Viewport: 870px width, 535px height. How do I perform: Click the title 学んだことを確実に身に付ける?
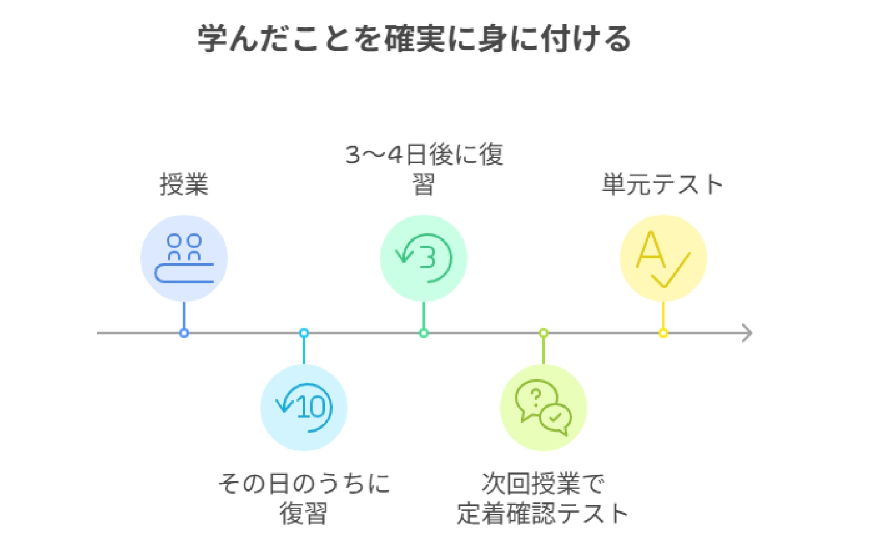[x=413, y=39]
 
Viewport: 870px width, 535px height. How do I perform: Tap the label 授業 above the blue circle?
[x=184, y=184]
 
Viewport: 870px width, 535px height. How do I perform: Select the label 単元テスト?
[x=662, y=184]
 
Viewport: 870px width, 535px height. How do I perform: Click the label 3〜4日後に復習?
[x=424, y=169]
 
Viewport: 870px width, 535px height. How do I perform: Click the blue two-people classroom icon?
[x=184, y=258]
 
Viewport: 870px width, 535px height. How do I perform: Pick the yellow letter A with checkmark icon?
[x=663, y=258]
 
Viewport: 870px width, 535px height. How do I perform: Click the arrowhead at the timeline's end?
[x=748, y=333]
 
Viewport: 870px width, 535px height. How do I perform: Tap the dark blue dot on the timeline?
[x=184, y=333]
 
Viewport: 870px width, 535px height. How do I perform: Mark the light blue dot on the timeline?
[x=304, y=333]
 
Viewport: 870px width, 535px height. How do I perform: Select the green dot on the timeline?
[x=424, y=333]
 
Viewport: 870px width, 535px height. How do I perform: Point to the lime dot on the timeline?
[x=543, y=333]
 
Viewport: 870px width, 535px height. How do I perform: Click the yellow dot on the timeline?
[x=663, y=333]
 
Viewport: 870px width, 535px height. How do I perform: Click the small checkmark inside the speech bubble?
[x=555, y=418]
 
